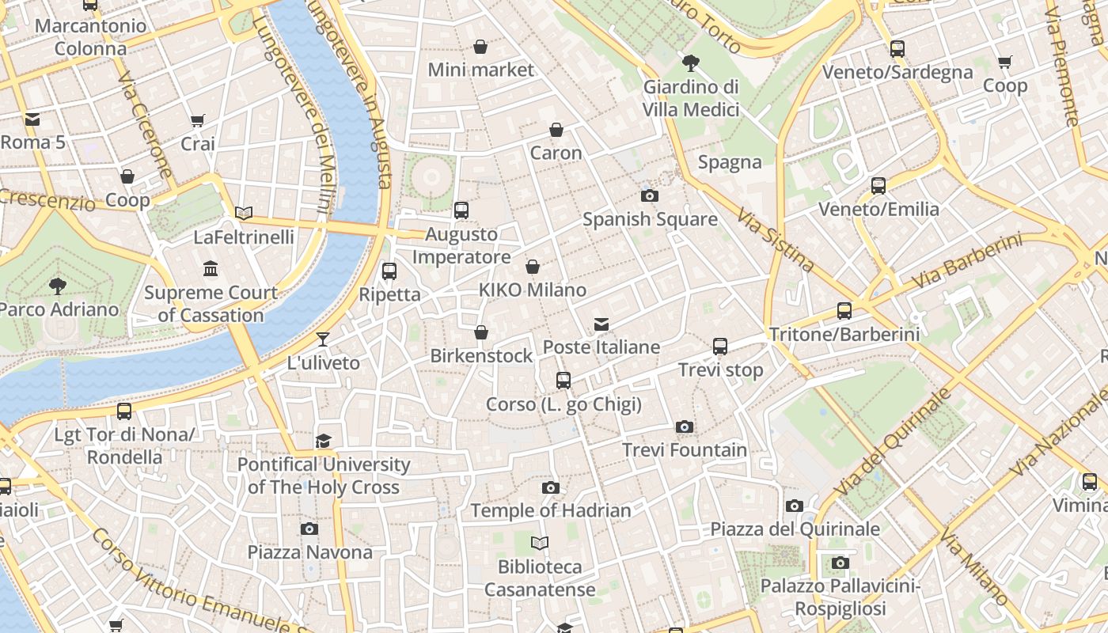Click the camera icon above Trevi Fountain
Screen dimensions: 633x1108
685,427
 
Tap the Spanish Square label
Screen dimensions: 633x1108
650,219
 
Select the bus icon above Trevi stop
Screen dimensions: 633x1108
720,347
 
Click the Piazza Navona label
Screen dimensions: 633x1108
309,552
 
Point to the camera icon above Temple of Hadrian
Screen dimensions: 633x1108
551,487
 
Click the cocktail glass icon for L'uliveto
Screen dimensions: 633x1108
323,340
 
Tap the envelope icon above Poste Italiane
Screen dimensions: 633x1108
601,324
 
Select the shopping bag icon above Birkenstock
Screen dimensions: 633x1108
480,333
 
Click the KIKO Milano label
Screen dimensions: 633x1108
533,290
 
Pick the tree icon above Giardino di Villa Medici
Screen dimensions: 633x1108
691,63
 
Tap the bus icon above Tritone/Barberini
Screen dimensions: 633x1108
844,311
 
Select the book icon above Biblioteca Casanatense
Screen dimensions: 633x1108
540,544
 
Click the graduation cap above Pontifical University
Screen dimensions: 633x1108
323,441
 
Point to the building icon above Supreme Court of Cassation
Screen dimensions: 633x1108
211,269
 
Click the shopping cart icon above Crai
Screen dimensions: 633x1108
198,121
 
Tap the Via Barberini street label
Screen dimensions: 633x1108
967,260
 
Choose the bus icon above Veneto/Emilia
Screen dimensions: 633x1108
878,186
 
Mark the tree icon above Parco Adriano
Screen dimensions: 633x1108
57,286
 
